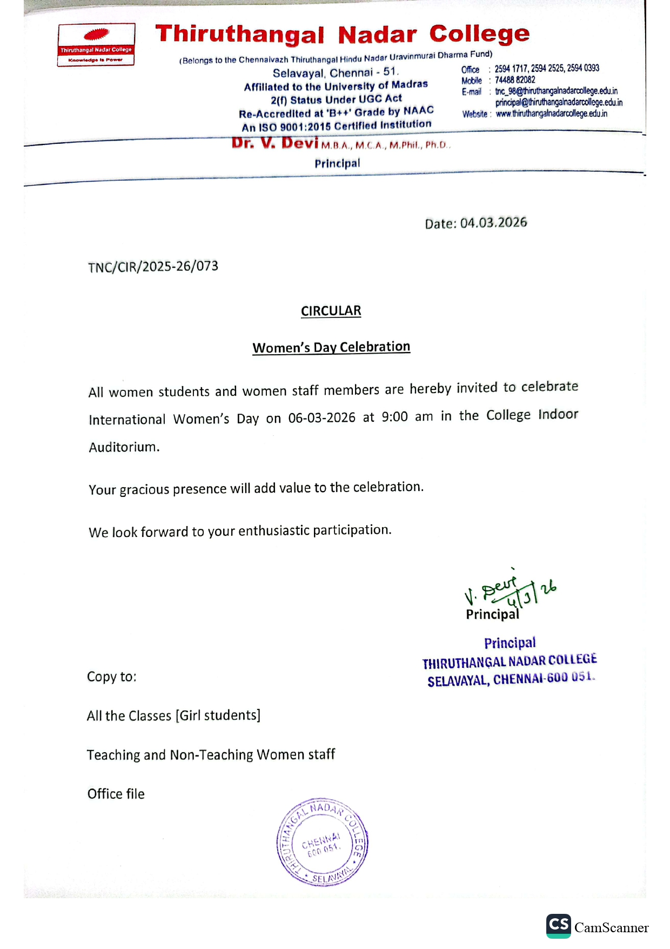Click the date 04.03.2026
point(493,223)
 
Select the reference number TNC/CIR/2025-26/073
point(153,267)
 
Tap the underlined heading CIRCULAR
point(331,311)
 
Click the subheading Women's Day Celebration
point(331,347)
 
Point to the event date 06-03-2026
point(321,418)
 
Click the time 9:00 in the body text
point(394,417)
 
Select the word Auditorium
point(124,447)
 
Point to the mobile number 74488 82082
point(514,80)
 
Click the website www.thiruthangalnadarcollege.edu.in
point(551,114)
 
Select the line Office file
point(116,794)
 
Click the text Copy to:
point(111,677)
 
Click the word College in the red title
point(479,34)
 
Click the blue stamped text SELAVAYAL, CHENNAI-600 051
point(511,679)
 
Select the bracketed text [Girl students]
point(218,715)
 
